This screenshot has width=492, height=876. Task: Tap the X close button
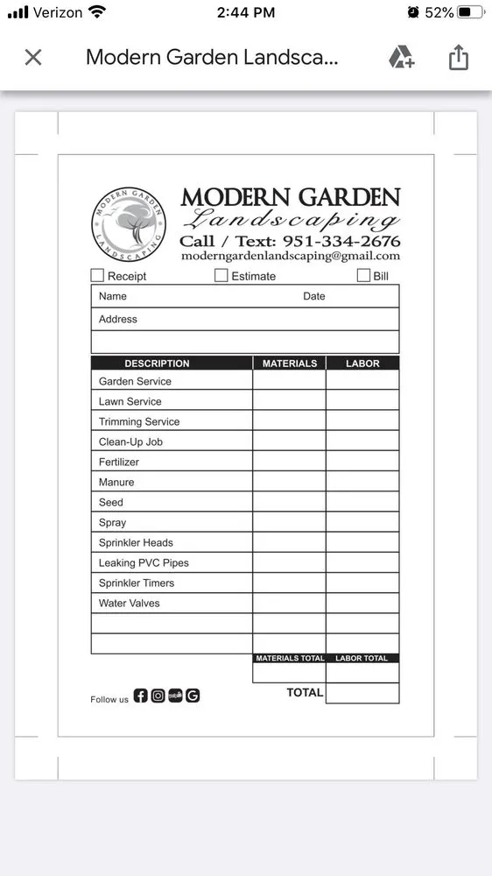click(x=33, y=58)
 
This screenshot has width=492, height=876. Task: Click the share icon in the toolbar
click(x=459, y=58)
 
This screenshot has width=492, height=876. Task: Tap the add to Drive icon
click(x=401, y=58)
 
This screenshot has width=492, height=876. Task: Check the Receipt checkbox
click(x=97, y=275)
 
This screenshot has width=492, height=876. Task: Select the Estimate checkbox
click(x=221, y=275)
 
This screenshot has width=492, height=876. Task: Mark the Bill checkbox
click(x=363, y=275)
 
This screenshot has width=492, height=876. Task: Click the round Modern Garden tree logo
click(x=128, y=223)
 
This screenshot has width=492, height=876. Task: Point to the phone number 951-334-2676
click(x=341, y=241)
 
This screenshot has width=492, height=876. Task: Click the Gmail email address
click(x=291, y=256)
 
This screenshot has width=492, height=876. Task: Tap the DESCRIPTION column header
click(x=157, y=363)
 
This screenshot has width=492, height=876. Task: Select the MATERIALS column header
click(x=290, y=363)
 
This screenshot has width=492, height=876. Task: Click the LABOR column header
click(x=362, y=363)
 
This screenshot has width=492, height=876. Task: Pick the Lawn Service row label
click(x=130, y=401)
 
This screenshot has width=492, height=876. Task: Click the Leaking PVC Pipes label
click(x=144, y=562)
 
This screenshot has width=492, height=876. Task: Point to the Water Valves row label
click(x=129, y=603)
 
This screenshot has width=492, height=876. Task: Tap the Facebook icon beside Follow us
click(x=141, y=696)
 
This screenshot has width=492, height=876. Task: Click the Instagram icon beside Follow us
click(x=158, y=696)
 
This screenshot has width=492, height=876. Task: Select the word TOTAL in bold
click(x=305, y=692)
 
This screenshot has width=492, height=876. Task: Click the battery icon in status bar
click(x=470, y=12)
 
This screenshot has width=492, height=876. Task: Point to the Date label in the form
click(x=313, y=296)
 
